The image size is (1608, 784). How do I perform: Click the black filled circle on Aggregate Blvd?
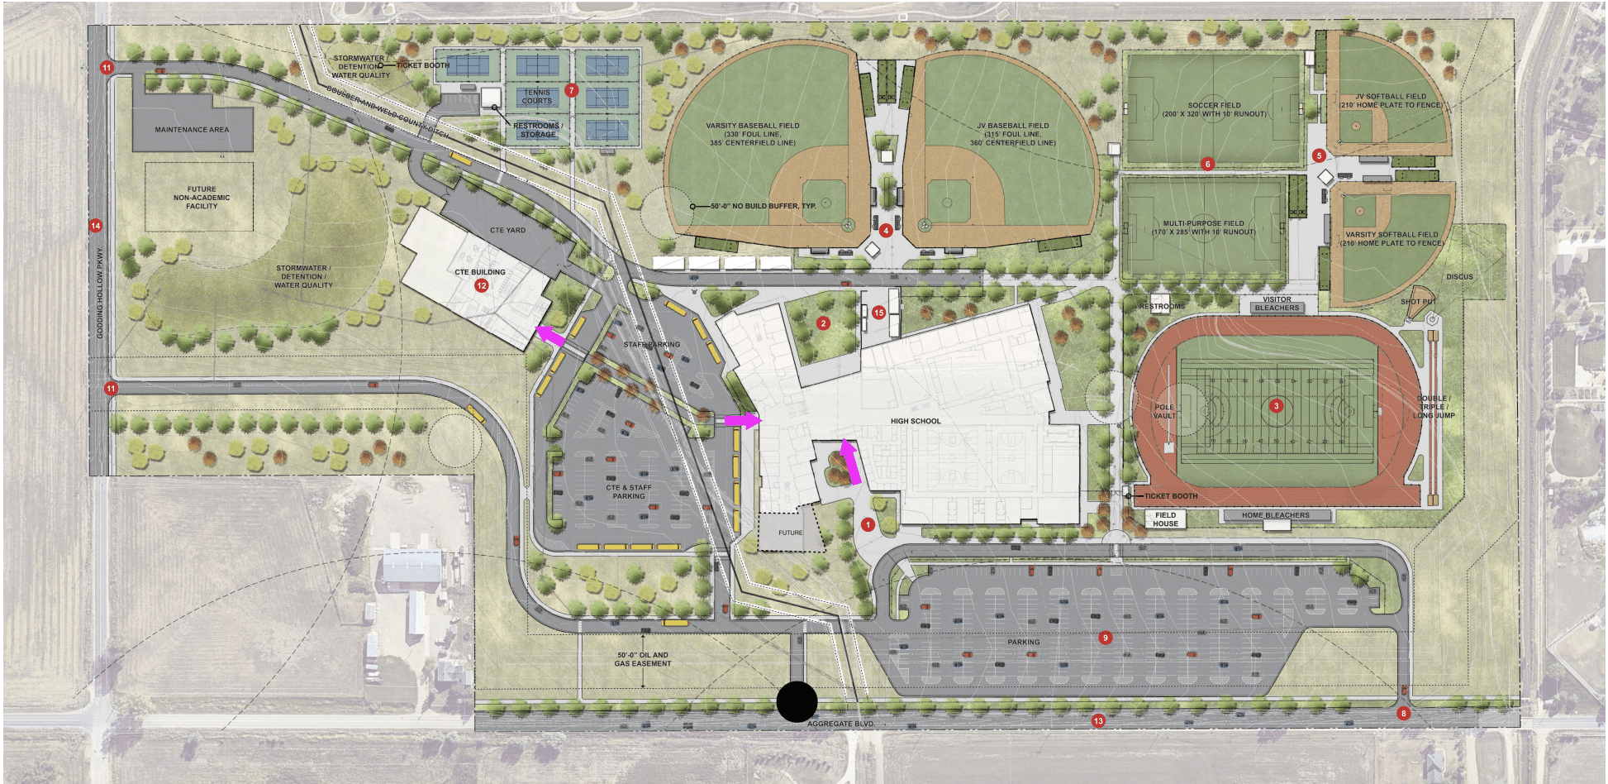pyautogui.click(x=797, y=702)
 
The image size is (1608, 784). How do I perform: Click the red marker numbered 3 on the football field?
pyautogui.click(x=1277, y=406)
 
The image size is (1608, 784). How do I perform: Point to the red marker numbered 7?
pyautogui.click(x=571, y=90)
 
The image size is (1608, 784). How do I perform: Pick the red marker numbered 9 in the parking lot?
pyautogui.click(x=1106, y=638)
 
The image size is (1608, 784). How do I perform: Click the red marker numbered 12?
pyautogui.click(x=482, y=285)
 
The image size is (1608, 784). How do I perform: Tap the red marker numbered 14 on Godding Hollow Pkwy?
pyautogui.click(x=96, y=226)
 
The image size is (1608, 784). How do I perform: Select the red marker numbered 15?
pyautogui.click(x=878, y=313)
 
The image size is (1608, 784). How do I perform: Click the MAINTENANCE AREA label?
pyautogui.click(x=192, y=130)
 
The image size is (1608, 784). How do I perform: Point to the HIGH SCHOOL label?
pyautogui.click(x=916, y=421)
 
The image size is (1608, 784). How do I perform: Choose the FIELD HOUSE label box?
pyautogui.click(x=1165, y=519)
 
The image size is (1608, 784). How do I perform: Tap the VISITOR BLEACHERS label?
pyautogui.click(x=1277, y=304)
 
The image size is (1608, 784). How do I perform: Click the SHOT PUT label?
pyautogui.click(x=1417, y=302)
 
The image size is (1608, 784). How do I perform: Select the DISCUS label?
pyautogui.click(x=1459, y=277)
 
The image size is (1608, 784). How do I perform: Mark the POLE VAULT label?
pyautogui.click(x=1163, y=411)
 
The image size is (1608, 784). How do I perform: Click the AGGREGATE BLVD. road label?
pyautogui.click(x=840, y=724)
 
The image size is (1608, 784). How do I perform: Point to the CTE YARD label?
pyautogui.click(x=507, y=231)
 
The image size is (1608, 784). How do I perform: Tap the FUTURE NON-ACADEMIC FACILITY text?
pyautogui.click(x=202, y=198)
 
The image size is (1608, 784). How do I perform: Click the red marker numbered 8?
pyautogui.click(x=1403, y=713)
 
